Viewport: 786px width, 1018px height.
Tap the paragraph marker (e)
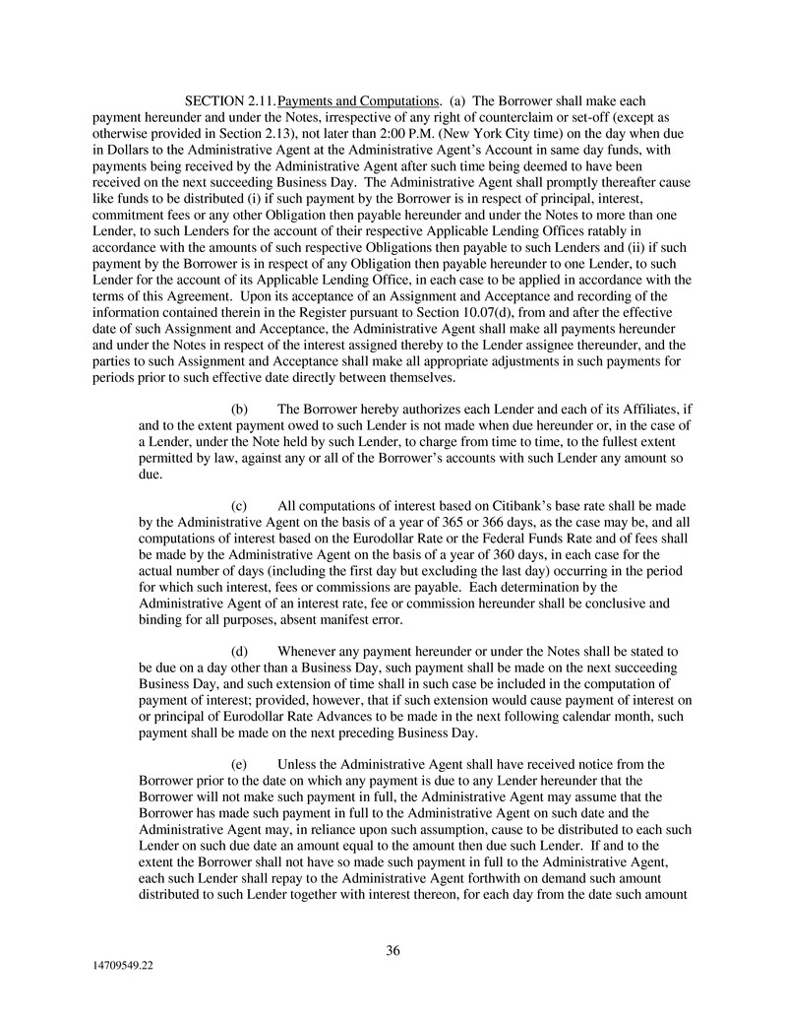click(239, 763)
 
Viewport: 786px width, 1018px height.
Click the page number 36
click(393, 950)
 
